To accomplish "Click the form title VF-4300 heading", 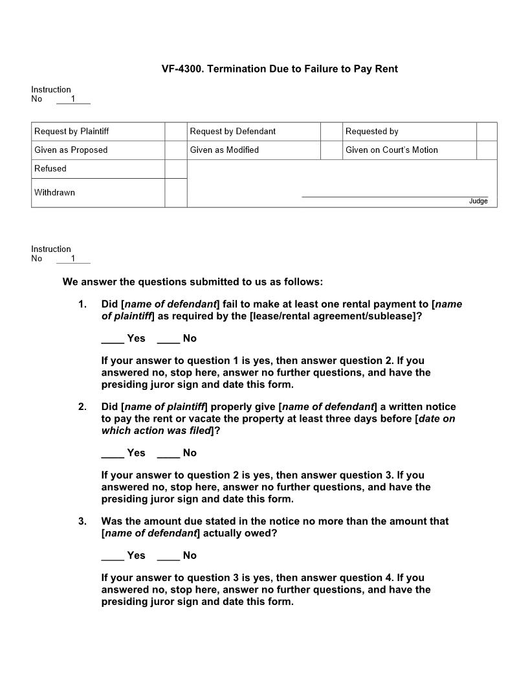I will (280, 69).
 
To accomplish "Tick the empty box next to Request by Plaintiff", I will (175, 131).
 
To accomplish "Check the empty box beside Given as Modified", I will (331, 150).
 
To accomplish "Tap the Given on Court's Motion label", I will (391, 150).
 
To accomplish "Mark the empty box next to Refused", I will (175, 169).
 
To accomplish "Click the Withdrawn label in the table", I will (55, 192).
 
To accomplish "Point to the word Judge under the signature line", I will (478, 201).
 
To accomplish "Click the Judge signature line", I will (395, 196).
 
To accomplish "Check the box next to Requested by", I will (487, 131).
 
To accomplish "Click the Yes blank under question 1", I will (113, 339).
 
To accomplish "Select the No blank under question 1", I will (168, 339).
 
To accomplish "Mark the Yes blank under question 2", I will (113, 454).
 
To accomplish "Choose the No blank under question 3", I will (168, 556).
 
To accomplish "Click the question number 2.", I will (82, 407).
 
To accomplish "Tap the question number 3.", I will (82, 521).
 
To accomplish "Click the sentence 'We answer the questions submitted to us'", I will (192, 282).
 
